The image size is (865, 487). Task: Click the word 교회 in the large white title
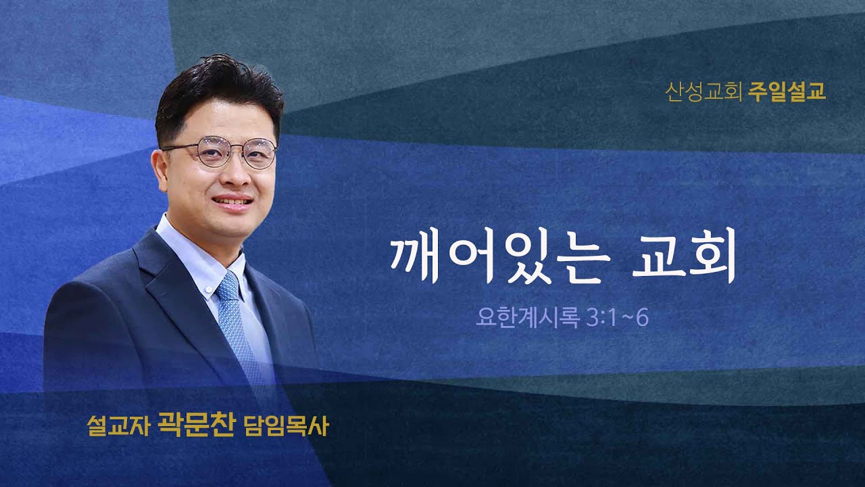click(x=683, y=259)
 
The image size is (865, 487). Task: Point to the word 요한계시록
click(x=524, y=318)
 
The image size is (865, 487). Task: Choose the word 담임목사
click(x=281, y=427)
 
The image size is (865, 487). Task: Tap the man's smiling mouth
click(x=233, y=202)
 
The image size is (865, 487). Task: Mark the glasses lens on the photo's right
click(x=259, y=154)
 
